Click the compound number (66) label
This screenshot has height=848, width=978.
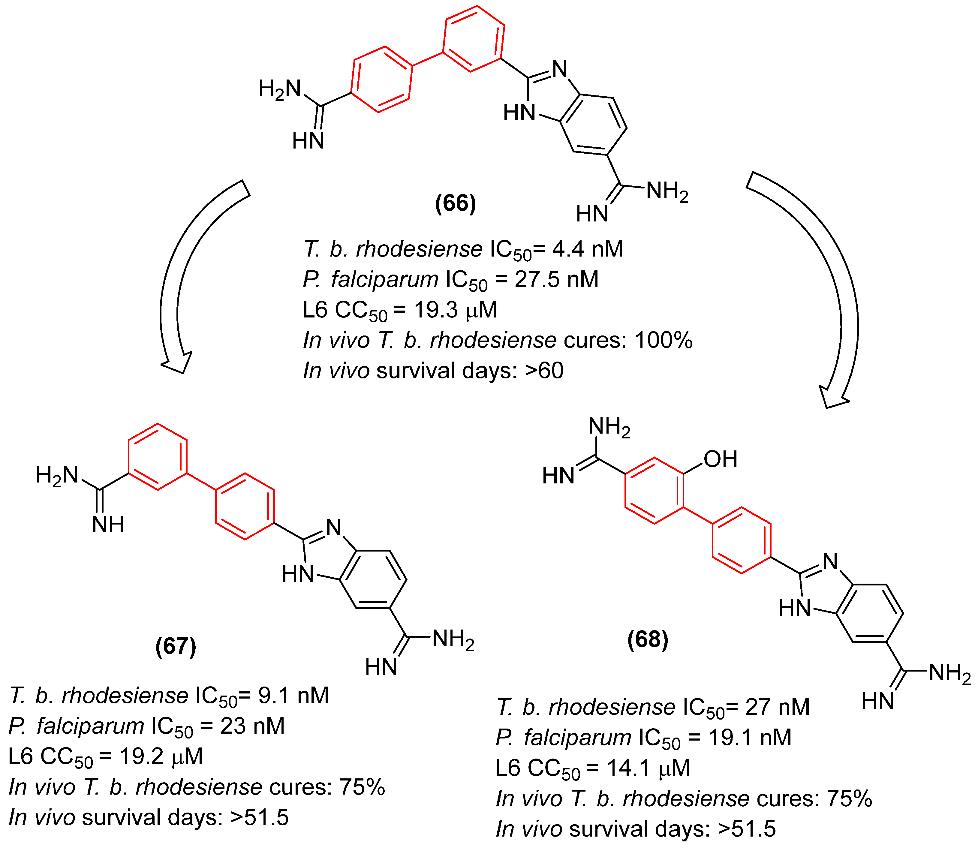[x=455, y=203]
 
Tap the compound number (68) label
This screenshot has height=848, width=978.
[x=648, y=639]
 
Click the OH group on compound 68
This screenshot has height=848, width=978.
[x=720, y=459]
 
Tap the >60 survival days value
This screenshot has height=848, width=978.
[x=544, y=371]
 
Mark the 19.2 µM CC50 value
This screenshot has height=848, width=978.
[x=161, y=756]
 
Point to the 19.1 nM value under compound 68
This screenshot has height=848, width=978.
[x=750, y=737]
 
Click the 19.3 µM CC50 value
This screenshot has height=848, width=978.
[x=456, y=310]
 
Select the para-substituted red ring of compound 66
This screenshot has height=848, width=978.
[x=382, y=80]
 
